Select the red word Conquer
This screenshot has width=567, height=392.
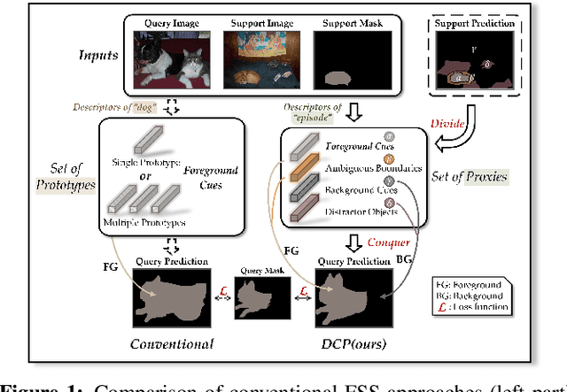[388, 242]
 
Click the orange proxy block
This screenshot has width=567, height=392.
[298, 168]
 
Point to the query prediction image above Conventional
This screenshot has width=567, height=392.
[174, 297]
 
